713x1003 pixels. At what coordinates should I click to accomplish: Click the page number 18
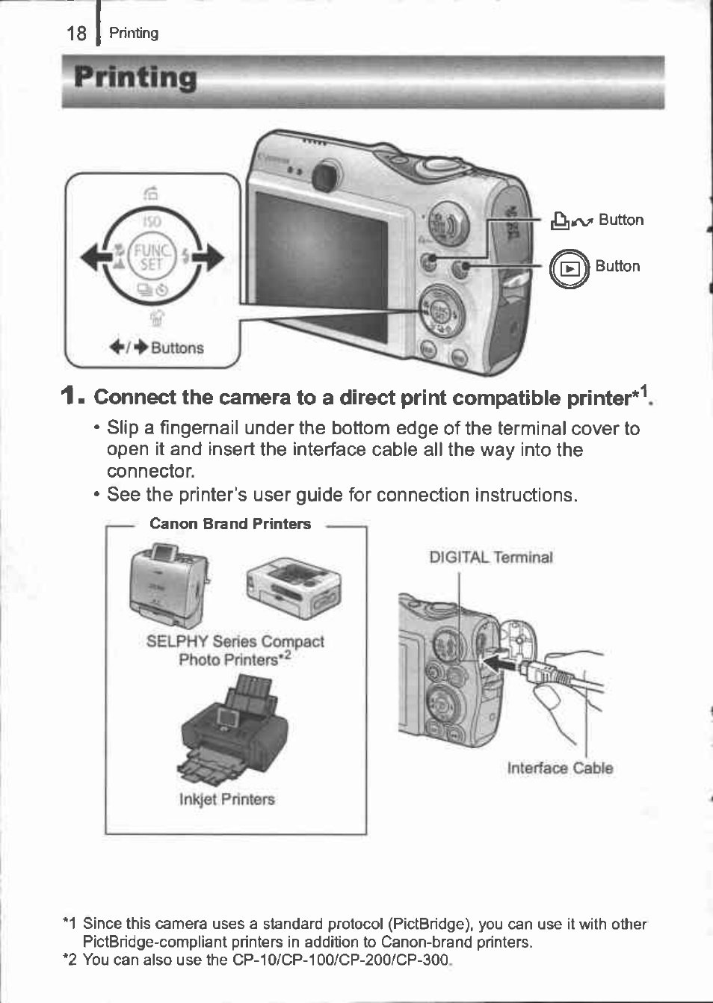(x=76, y=34)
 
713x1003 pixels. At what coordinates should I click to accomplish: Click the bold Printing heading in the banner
(x=135, y=78)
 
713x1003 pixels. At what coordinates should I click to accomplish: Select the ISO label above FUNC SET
(x=152, y=222)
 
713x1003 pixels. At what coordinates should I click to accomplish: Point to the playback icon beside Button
(x=570, y=268)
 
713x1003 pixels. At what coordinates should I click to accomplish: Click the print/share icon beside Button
(x=572, y=220)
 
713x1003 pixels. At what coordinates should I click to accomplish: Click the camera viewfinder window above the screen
(x=323, y=177)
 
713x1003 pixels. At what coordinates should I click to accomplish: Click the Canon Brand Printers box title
(x=230, y=524)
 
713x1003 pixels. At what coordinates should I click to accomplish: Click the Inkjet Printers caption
(x=226, y=800)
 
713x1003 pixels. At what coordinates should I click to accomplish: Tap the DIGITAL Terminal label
(x=491, y=558)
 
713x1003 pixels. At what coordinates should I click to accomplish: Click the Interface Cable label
(x=560, y=768)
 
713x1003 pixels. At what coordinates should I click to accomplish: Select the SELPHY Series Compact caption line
(x=235, y=642)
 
